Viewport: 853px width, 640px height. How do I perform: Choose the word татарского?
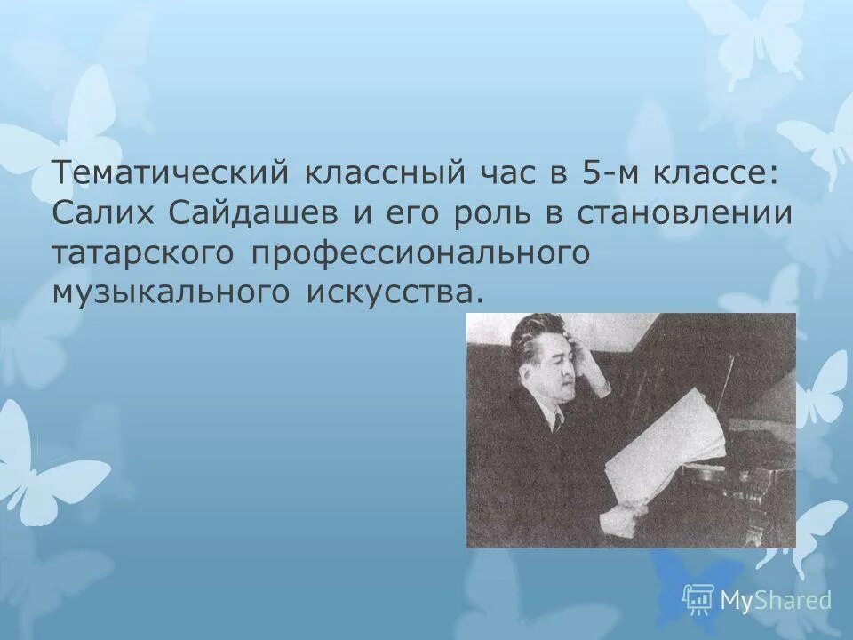(145, 252)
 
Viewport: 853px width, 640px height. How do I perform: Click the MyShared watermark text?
(775, 600)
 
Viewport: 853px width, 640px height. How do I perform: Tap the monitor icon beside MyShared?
(698, 599)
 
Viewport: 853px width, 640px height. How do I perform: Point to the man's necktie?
(559, 420)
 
